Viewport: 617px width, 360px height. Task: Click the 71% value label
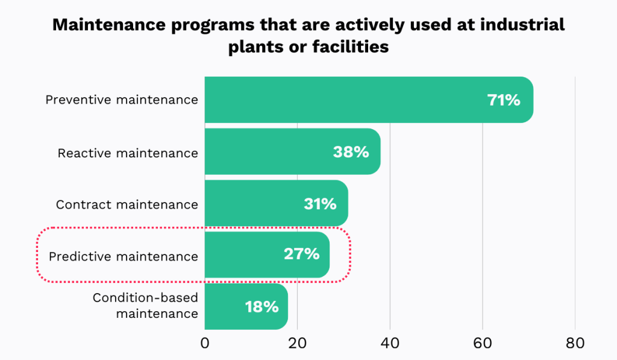pos(504,100)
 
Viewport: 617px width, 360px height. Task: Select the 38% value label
pos(351,152)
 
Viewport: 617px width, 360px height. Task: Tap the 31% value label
pos(320,204)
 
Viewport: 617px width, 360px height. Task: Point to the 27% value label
pos(301,254)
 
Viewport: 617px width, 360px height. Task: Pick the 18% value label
pos(262,306)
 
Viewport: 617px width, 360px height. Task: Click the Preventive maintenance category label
pos(122,99)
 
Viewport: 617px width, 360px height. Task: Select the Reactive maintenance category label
pos(128,153)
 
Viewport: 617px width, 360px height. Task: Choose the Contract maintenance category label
pos(127,204)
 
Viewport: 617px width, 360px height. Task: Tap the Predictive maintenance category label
pos(124,256)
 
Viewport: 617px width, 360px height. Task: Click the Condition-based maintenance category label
pos(145,306)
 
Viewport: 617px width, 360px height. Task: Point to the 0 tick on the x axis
pos(205,344)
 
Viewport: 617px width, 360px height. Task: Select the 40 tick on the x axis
pos(390,344)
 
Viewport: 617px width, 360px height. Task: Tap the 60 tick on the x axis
pos(483,344)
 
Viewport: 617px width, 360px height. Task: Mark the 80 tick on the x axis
pos(575,344)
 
